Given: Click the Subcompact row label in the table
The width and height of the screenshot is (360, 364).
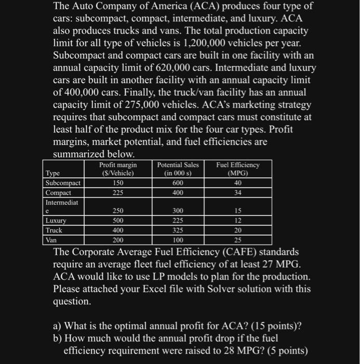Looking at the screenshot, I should [x=63, y=183].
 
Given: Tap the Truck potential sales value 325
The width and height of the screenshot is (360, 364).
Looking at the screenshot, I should [x=178, y=230].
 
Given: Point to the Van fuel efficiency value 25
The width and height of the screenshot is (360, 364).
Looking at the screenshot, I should [x=237, y=240].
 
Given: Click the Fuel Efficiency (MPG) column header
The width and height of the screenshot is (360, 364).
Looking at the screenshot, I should [x=237, y=168].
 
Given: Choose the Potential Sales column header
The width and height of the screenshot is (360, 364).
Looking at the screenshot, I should [x=178, y=168].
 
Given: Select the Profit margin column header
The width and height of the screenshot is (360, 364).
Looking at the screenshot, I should [x=118, y=168].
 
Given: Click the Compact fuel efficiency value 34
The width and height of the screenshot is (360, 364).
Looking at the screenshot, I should [x=237, y=192].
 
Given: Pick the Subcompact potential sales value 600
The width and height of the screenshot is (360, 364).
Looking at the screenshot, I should [x=178, y=183].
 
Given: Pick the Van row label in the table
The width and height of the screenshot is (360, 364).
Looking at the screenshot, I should [x=51, y=240].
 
